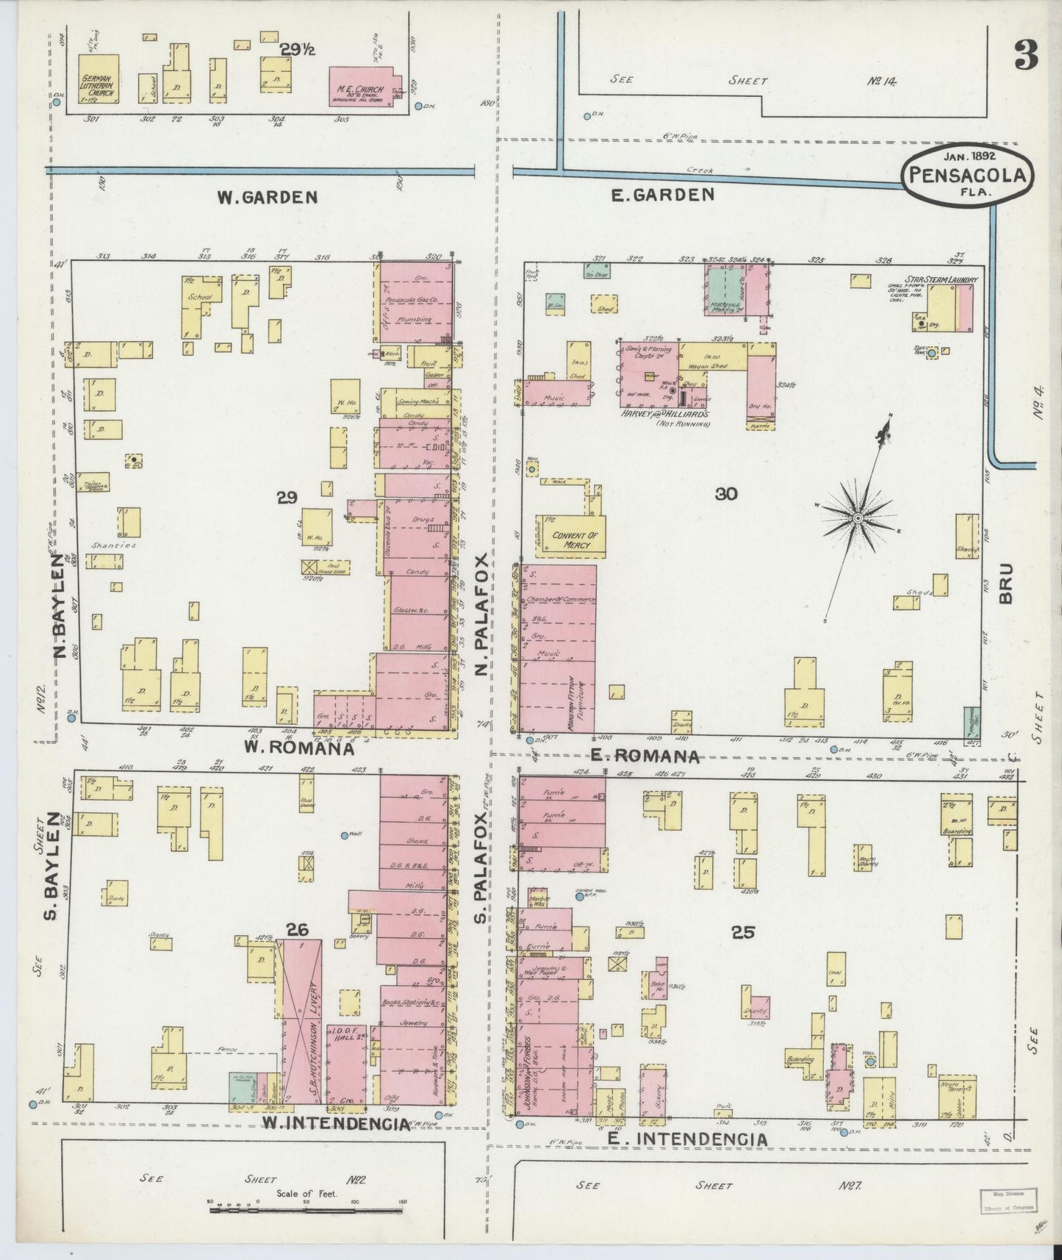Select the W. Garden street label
point(267,197)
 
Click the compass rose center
point(857,519)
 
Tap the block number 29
point(287,498)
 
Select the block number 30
point(725,494)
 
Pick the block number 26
point(297,930)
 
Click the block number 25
point(744,932)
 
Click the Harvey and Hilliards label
point(665,414)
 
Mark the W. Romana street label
point(299,749)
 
